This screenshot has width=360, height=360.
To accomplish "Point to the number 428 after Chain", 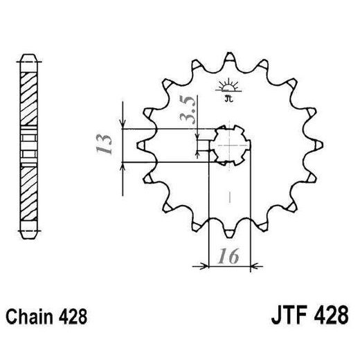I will click(x=72, y=318).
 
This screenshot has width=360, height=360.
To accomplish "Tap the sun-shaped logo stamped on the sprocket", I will click(x=226, y=89).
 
